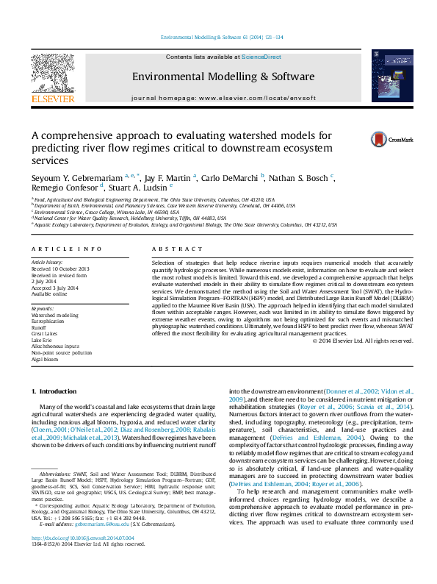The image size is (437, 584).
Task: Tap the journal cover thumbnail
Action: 386,76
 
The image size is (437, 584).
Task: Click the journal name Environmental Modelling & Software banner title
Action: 223,76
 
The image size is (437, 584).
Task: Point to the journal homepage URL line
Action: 223,97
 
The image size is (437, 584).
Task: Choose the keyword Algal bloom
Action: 45,360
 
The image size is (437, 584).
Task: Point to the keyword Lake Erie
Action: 43,341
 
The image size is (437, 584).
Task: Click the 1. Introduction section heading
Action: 58,392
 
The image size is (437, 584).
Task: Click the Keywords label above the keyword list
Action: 43,307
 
